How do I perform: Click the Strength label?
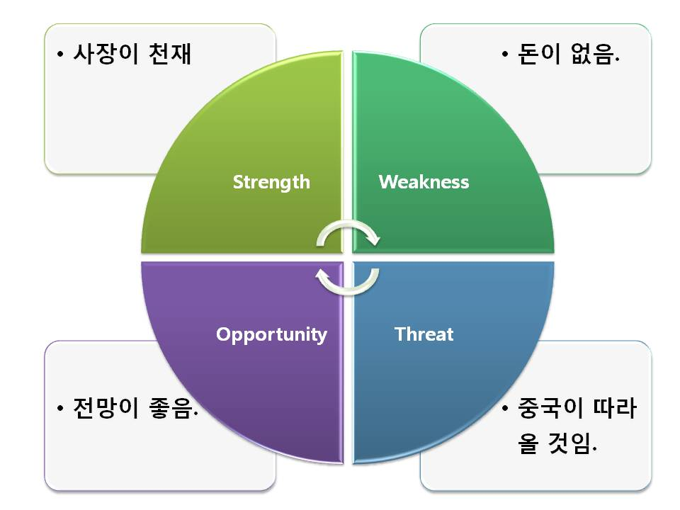pos(271,182)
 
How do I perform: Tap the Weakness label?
pos(424,182)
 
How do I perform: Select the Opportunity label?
pos(271,334)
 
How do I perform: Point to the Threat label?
pos(424,334)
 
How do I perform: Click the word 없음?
pos(594,55)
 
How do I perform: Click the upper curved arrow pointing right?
pos(348,234)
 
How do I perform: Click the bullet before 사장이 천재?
pos(62,55)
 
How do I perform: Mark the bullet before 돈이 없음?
pos(505,55)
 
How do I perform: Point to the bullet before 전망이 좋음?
pos(62,409)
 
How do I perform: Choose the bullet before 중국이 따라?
pos(505,410)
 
